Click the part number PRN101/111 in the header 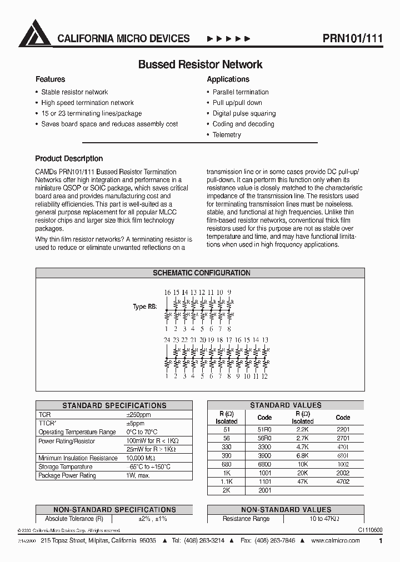[x=352, y=38]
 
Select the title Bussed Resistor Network [x=200, y=64]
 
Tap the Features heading [x=50, y=79]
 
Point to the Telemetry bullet [x=227, y=135]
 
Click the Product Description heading [x=69, y=159]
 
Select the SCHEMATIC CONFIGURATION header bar [x=201, y=273]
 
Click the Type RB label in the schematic [x=144, y=307]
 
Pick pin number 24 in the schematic [x=167, y=340]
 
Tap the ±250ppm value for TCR [x=138, y=415]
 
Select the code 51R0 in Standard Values [x=265, y=429]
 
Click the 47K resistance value [x=302, y=482]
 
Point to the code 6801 [x=343, y=455]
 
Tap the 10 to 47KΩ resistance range [x=324, y=519]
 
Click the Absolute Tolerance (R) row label [x=74, y=519]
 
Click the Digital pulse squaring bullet [x=244, y=113]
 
